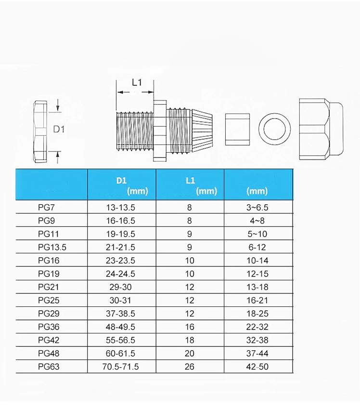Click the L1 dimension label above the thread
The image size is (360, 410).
pyautogui.click(x=137, y=82)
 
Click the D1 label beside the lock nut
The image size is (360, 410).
pyautogui.click(x=59, y=129)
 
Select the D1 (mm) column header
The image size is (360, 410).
pyautogui.click(x=132, y=185)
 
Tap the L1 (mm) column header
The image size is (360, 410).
pyautogui.click(x=201, y=185)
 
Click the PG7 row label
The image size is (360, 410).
pyautogui.click(x=46, y=207)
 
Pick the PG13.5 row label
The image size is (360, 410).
pyautogui.click(x=52, y=247)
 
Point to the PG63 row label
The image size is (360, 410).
pyautogui.click(x=49, y=367)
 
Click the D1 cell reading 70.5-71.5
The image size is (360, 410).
pyautogui.click(x=120, y=367)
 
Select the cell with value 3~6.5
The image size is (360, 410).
pyautogui.click(x=257, y=207)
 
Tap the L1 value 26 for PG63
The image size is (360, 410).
pyautogui.click(x=190, y=367)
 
